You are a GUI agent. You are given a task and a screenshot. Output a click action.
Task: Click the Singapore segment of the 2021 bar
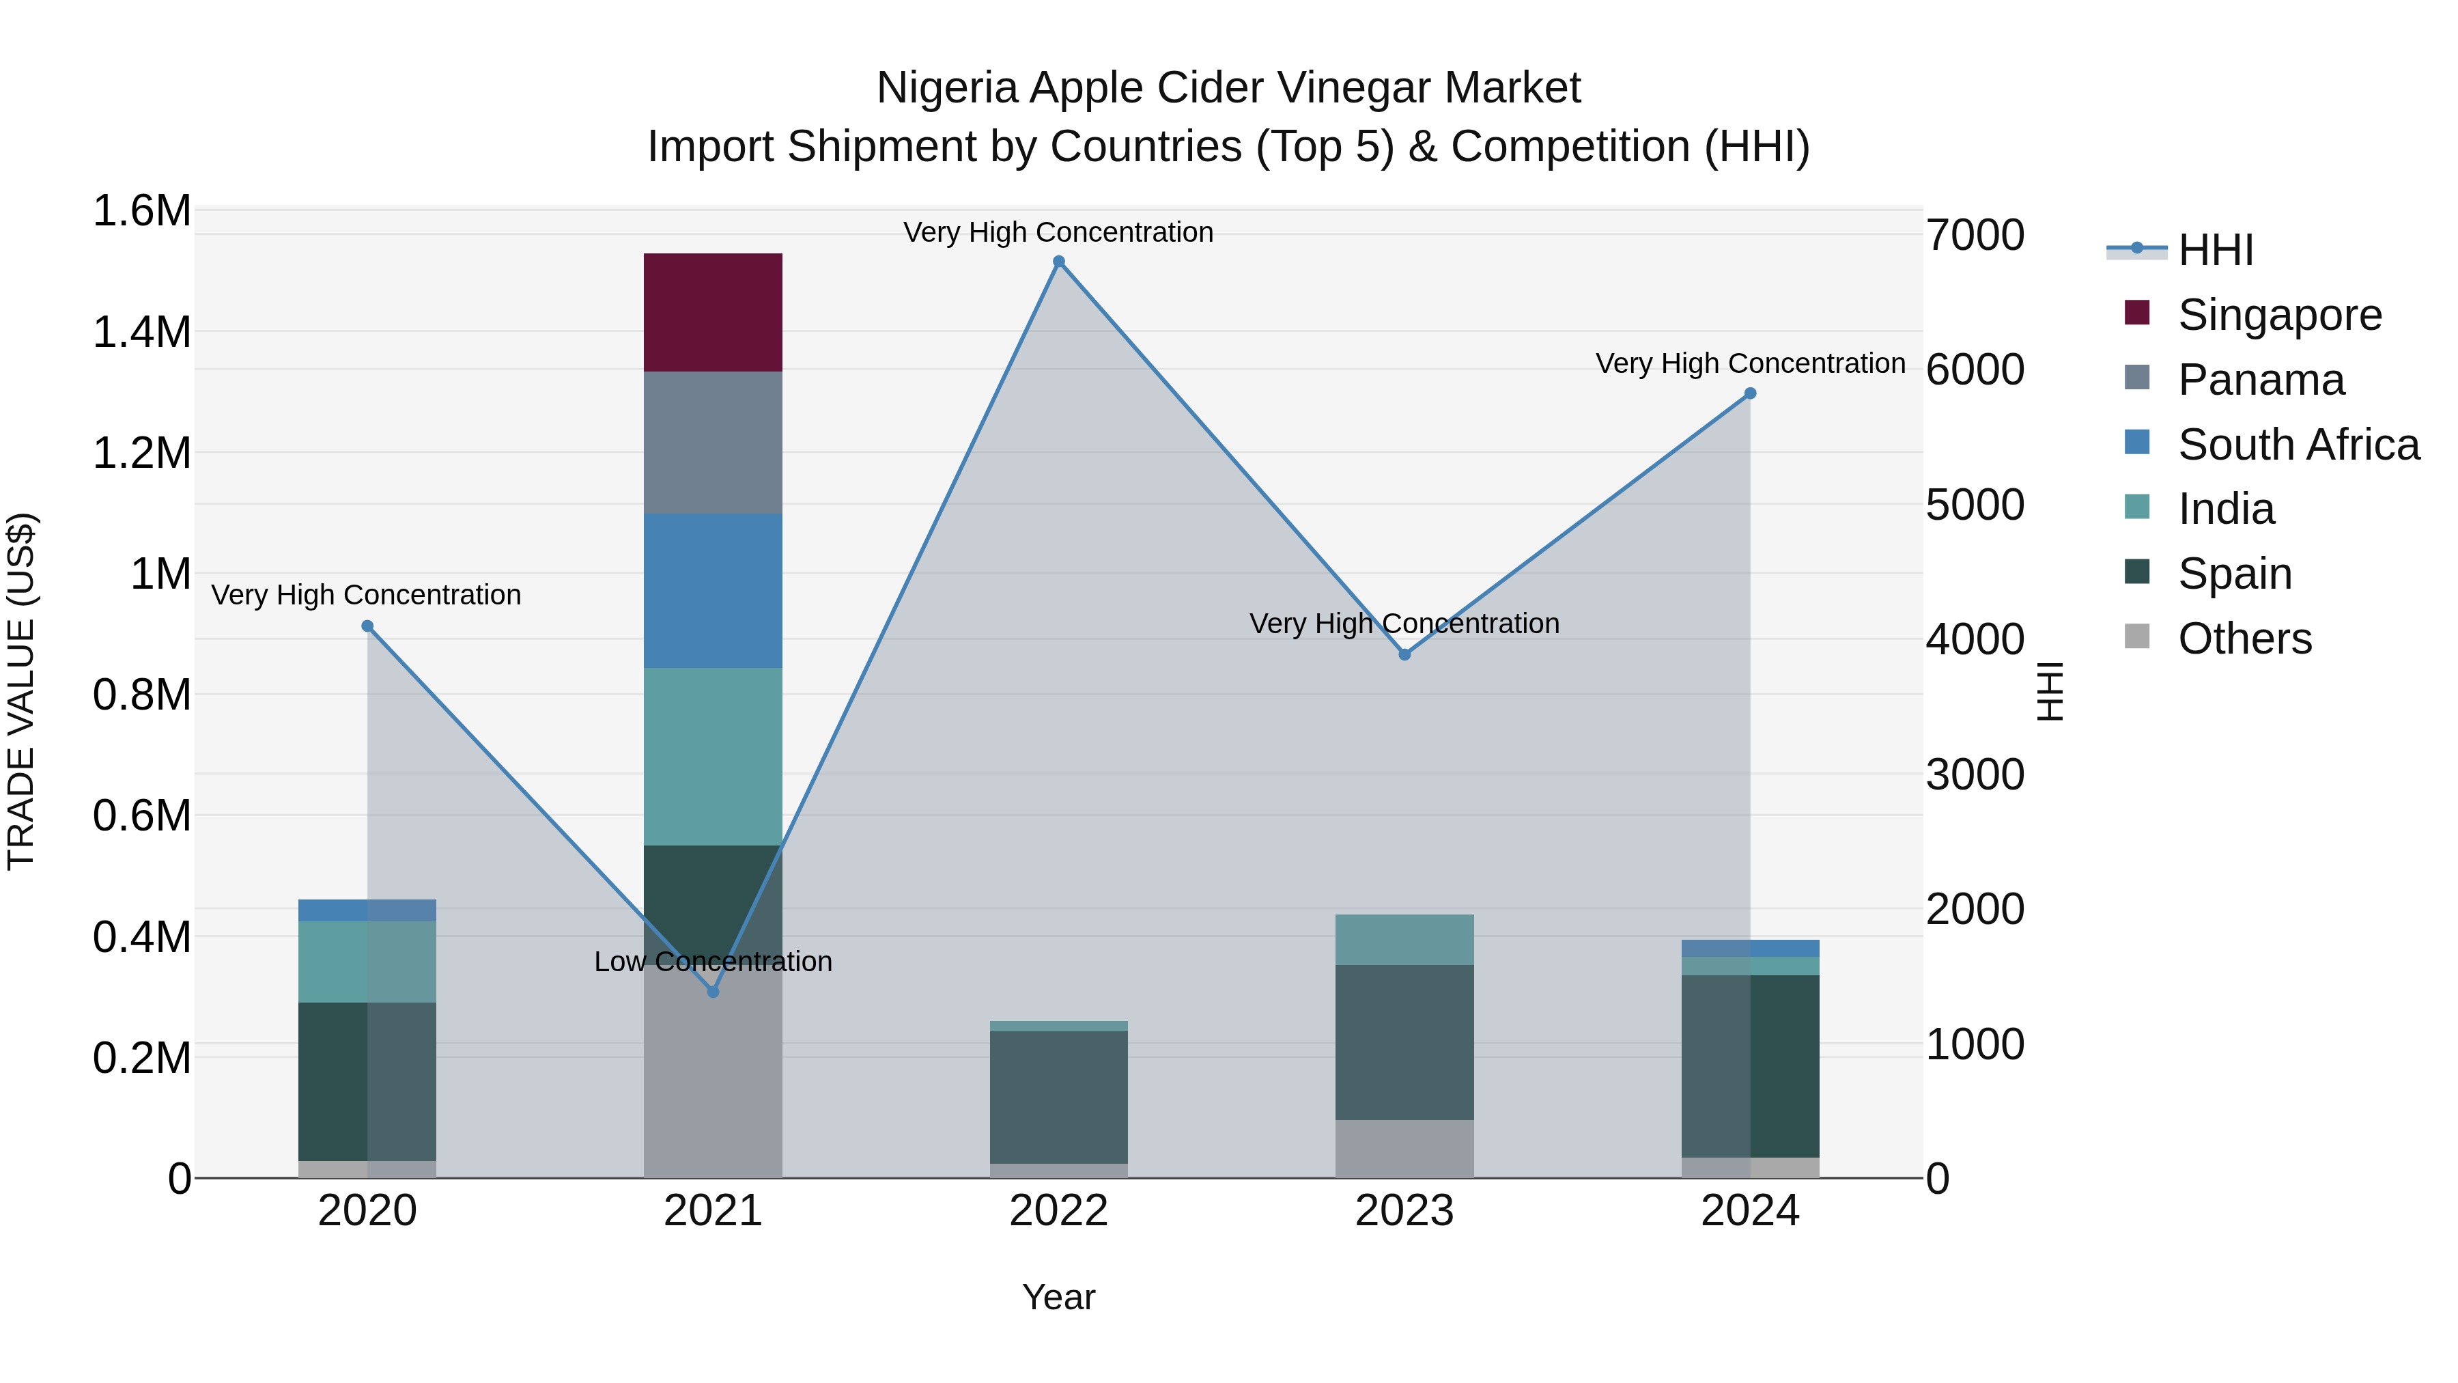click(x=713, y=312)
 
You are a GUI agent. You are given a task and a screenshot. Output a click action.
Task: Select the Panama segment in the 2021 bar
click(x=713, y=442)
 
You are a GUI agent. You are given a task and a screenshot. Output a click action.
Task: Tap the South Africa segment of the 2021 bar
click(x=713, y=590)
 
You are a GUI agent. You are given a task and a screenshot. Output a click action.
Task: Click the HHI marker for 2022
click(x=1058, y=262)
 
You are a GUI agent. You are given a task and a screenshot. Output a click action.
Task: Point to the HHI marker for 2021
click(x=713, y=992)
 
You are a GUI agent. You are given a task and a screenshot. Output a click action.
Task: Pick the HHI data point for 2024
click(x=1750, y=393)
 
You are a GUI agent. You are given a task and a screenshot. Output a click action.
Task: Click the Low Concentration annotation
click(x=713, y=961)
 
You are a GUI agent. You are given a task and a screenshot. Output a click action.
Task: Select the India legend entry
click(x=2225, y=509)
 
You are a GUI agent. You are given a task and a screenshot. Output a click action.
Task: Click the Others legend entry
click(x=2244, y=639)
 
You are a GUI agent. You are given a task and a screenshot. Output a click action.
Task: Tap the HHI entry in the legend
click(x=2216, y=250)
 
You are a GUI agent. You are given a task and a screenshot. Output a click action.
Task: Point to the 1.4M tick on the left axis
click(x=141, y=332)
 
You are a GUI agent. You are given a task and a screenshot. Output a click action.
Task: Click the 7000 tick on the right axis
click(x=1974, y=235)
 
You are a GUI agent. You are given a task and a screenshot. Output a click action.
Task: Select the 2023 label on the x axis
click(x=1404, y=1211)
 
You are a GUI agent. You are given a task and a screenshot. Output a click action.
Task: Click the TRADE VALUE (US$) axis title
click(x=21, y=691)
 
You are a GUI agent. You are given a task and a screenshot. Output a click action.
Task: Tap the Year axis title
click(x=1058, y=1297)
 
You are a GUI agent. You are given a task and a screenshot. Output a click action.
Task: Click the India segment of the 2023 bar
click(x=1404, y=939)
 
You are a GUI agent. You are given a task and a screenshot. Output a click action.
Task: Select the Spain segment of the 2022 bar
click(x=1058, y=1097)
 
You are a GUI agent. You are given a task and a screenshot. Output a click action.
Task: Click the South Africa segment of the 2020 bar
click(x=367, y=910)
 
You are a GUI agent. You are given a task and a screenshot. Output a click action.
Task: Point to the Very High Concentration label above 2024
click(x=1750, y=363)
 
